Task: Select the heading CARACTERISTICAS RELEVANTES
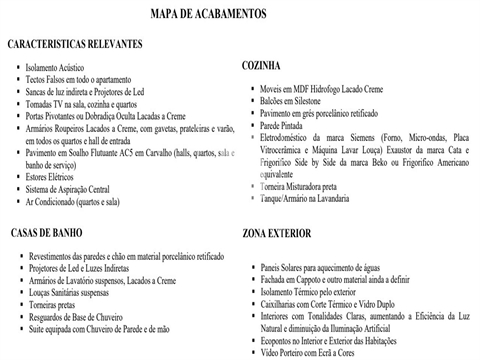(x=75, y=46)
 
